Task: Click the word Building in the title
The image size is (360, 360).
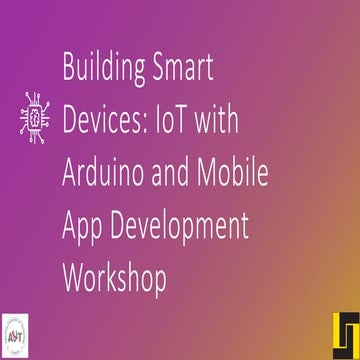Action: tap(101, 70)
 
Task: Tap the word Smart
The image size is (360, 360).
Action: tap(180, 70)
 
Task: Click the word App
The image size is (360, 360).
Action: tap(83, 226)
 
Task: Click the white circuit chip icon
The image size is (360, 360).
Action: tap(34, 116)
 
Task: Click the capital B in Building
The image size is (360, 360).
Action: tap(68, 70)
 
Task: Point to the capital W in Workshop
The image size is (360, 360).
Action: tap(73, 277)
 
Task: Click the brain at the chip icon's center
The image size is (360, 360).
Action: tap(34, 116)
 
